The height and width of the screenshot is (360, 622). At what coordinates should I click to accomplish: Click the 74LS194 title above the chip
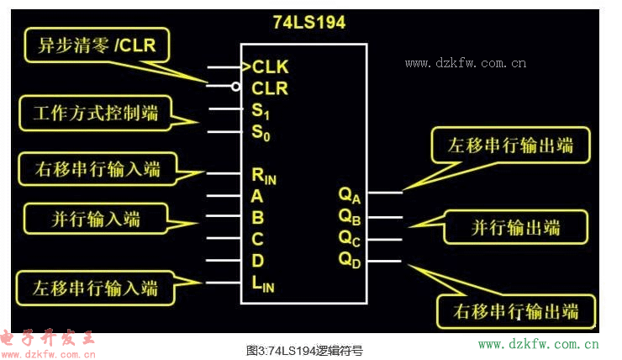308,23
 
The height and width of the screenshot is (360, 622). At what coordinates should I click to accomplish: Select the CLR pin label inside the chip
270,87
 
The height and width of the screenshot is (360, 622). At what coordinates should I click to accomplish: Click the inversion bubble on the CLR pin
236,87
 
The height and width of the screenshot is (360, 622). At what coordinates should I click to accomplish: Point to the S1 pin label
261,110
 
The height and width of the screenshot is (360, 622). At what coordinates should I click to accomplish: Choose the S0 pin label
261,132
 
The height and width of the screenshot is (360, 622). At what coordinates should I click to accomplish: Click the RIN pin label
264,176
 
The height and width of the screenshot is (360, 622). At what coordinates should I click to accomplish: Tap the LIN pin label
263,284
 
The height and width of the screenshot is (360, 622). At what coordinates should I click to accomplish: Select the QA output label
350,195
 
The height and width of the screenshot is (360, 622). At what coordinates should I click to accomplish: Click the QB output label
350,216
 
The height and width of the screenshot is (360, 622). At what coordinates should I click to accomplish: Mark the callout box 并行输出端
514,227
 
